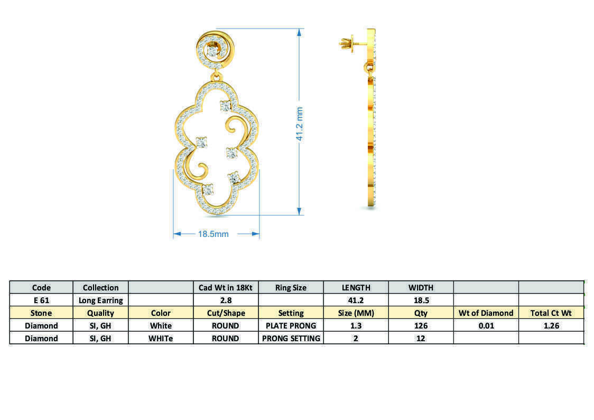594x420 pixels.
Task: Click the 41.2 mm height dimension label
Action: pyautogui.click(x=299, y=124)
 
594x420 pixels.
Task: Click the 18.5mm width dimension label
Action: pyautogui.click(x=213, y=234)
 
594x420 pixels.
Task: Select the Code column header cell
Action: pyautogui.click(x=41, y=288)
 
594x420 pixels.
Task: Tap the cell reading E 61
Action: pyautogui.click(x=41, y=300)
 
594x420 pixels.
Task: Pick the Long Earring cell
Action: pyautogui.click(x=100, y=300)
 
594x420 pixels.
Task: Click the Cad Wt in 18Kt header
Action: pyautogui.click(x=226, y=288)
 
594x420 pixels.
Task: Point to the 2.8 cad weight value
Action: pyautogui.click(x=226, y=300)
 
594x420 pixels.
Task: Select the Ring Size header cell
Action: pyautogui.click(x=291, y=288)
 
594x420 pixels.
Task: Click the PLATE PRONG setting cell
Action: pyautogui.click(x=291, y=326)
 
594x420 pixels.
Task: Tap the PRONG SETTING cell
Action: pyautogui.click(x=291, y=339)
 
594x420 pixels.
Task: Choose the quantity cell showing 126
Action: pyautogui.click(x=421, y=326)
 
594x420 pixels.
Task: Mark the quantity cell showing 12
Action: pyautogui.click(x=421, y=339)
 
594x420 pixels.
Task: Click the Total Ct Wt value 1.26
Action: pyautogui.click(x=551, y=326)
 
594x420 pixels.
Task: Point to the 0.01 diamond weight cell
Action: pyautogui.click(x=486, y=326)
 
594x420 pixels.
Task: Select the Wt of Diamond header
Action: pyautogui.click(x=486, y=313)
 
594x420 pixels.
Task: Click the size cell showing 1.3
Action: pyautogui.click(x=356, y=326)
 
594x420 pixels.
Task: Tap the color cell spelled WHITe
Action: pyautogui.click(x=161, y=339)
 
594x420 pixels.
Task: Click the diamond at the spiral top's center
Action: pyautogui.click(x=214, y=51)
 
